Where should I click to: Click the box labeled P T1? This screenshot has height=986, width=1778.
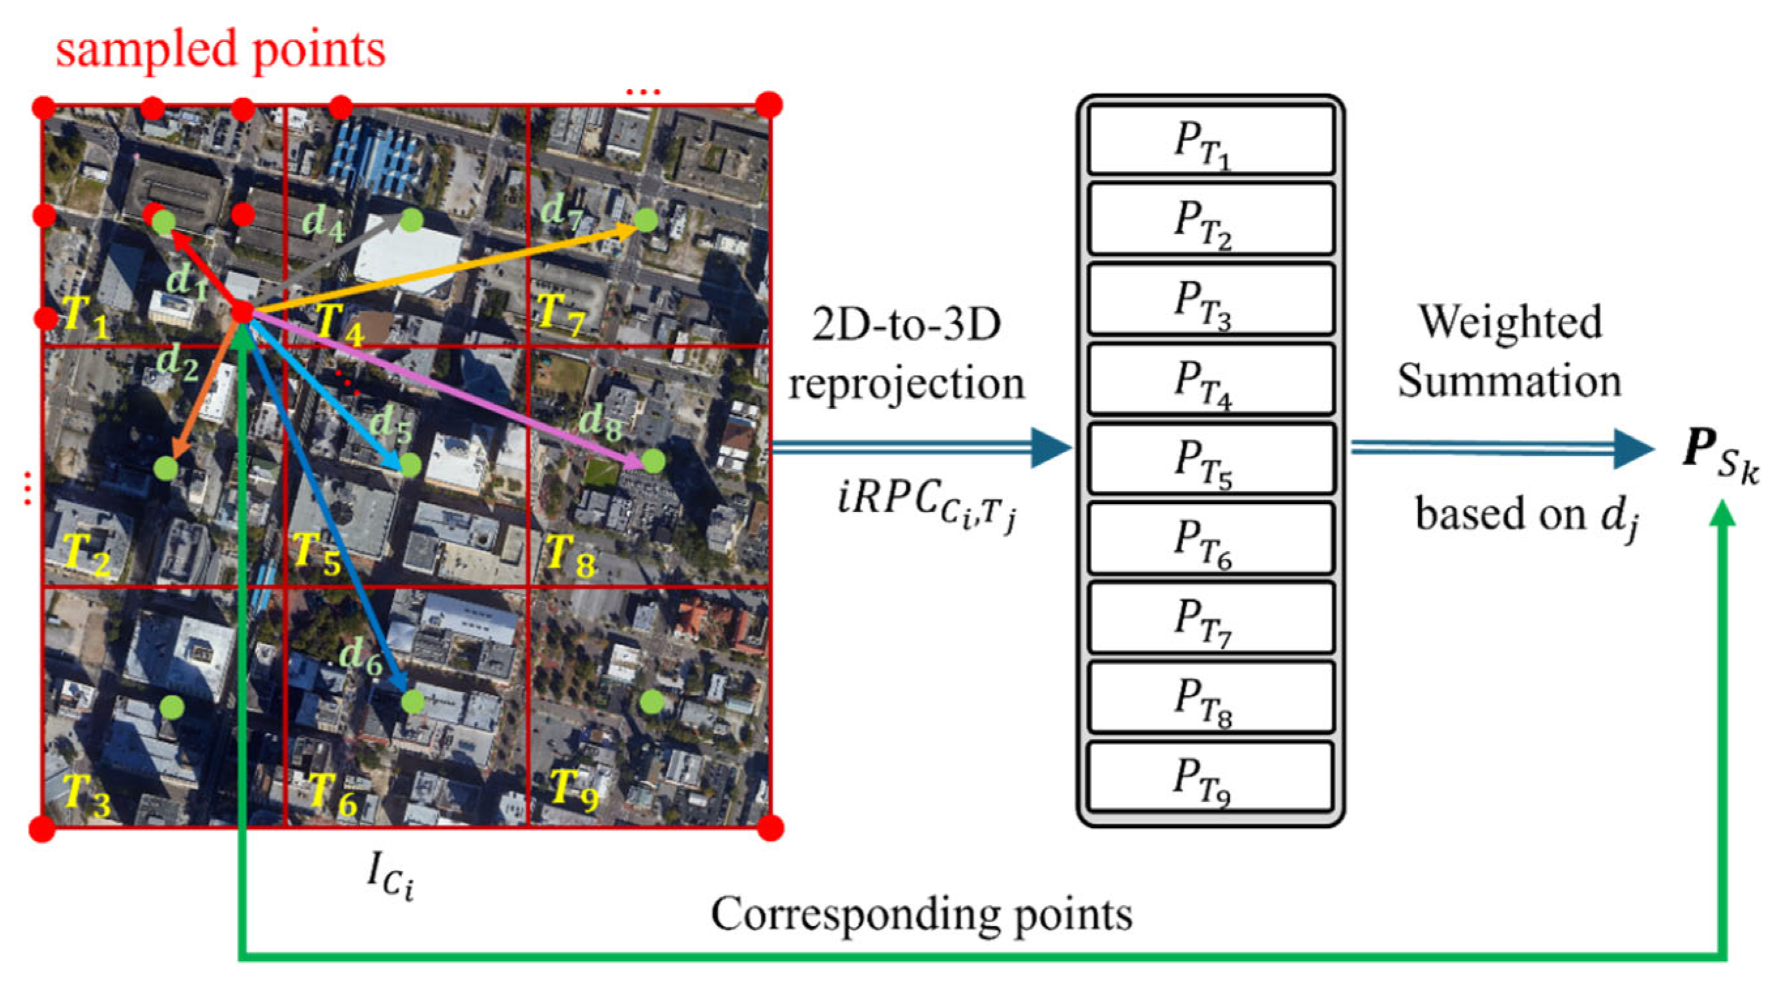coord(1210,140)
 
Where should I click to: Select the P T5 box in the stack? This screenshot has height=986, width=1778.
coord(1210,458)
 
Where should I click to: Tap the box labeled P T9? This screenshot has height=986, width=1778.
coord(1210,777)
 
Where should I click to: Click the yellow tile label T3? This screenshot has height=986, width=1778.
coord(86,793)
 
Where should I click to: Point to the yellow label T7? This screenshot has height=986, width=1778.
coord(560,315)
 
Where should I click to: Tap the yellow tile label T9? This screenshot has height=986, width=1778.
coord(573,791)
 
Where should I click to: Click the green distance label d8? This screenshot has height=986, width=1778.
coord(600,421)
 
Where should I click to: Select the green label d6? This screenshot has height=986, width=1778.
coord(361,655)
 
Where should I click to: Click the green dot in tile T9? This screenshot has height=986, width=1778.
coord(651,702)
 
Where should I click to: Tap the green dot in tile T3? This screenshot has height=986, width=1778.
coord(171,706)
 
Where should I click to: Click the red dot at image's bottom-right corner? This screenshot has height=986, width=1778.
coord(770,827)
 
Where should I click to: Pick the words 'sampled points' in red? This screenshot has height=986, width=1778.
coord(220,50)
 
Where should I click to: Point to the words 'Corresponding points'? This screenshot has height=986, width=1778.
coord(921,914)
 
